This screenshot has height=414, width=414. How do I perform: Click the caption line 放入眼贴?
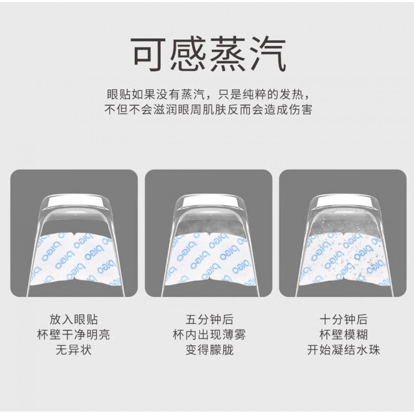pos(74,319)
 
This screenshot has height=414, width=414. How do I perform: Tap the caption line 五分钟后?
pos(209,319)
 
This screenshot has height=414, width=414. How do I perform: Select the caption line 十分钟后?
pos(344,319)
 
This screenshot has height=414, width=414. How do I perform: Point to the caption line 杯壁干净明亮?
pos(74,335)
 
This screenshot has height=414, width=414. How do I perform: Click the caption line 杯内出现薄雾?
pos(209,335)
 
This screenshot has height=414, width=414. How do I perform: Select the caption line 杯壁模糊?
pos(344,335)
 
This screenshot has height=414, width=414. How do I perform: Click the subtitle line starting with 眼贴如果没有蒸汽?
pos(209,95)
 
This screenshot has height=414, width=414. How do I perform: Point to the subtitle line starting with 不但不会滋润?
pos(208,110)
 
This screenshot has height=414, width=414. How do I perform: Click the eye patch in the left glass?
pos(76,260)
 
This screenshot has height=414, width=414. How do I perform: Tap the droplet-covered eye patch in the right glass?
pos(344,260)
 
